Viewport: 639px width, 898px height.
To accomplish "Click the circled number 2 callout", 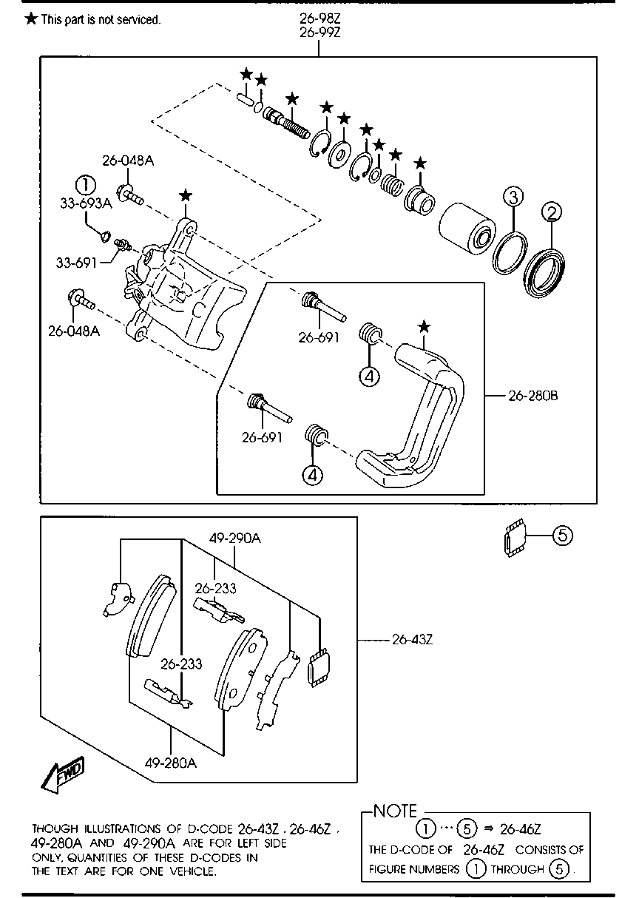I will coord(551,213).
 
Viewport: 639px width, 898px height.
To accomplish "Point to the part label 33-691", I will coord(76,262).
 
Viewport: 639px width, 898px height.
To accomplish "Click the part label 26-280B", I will coord(532,396).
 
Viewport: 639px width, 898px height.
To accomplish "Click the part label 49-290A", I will coord(234,539).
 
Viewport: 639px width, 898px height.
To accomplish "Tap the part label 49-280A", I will coord(171,763).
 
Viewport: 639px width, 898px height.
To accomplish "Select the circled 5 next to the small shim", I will coord(561,535).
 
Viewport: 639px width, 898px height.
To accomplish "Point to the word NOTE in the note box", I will coord(395,811).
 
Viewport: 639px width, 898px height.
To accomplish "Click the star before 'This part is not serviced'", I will coord(31,19).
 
